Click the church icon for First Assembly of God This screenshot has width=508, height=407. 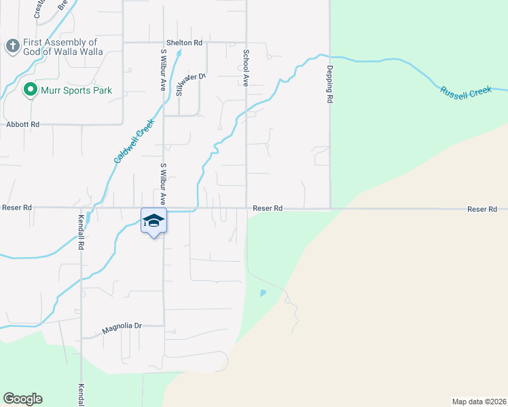tap(12, 46)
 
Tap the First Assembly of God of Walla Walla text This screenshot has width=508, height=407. tap(62, 47)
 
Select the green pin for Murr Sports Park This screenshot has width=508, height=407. tap(30, 90)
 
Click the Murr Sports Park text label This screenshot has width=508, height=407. tap(75, 90)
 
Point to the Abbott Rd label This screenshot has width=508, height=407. tap(23, 125)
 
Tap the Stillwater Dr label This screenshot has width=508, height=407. tap(190, 85)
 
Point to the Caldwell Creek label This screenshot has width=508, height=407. tap(134, 141)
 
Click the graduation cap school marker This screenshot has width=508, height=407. tap(153, 220)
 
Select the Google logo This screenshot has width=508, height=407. tap(22, 399)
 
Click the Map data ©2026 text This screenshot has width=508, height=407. tap(479, 401)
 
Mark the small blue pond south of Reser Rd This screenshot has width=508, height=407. tap(263, 293)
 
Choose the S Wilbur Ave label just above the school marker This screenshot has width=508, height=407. tap(163, 183)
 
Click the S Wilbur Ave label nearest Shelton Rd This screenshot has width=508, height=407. tap(163, 69)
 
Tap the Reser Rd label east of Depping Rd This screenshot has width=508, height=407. tap(482, 209)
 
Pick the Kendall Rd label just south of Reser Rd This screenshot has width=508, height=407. tap(81, 233)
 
